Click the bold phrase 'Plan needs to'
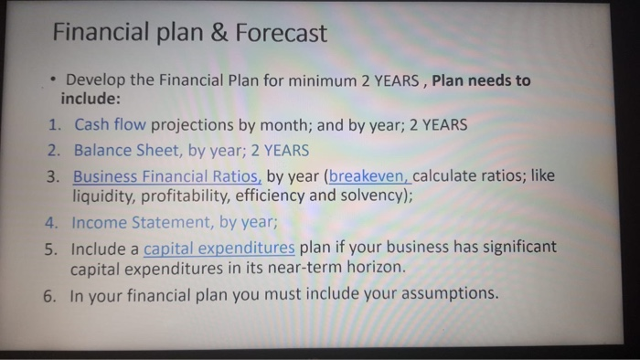pos(481,79)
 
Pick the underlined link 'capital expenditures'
pos(219,248)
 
